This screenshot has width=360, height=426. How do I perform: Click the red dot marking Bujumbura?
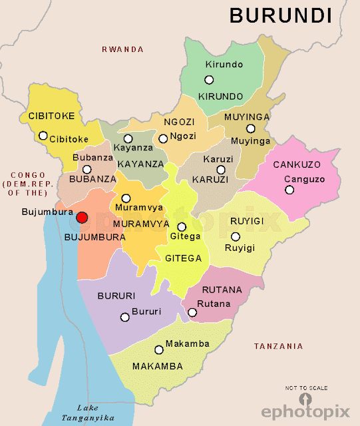tap(82, 218)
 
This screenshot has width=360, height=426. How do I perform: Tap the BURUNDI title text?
tap(281, 15)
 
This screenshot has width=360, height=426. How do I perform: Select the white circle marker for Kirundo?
tap(209, 80)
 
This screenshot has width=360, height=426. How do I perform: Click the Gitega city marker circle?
tap(182, 227)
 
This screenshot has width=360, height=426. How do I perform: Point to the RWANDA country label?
tap(122, 49)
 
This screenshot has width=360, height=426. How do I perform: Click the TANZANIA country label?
tap(278, 346)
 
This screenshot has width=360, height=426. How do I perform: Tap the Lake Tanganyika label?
tap(78, 413)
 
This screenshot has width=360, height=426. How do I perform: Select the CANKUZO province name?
tap(297, 164)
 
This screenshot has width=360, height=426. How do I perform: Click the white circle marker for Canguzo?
tap(289, 190)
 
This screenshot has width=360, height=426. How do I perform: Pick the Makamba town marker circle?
tap(158, 349)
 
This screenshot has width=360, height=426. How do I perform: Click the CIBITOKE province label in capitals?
tap(51, 116)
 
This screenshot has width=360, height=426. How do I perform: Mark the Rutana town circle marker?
tap(192, 312)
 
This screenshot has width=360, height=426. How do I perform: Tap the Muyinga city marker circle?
tap(250, 128)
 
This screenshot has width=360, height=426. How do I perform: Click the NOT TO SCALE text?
tap(306, 388)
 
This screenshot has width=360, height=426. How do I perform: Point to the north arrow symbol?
tap(305, 398)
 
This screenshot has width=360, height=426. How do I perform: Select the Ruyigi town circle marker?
tap(235, 237)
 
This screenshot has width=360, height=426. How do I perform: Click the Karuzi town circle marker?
tap(221, 170)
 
